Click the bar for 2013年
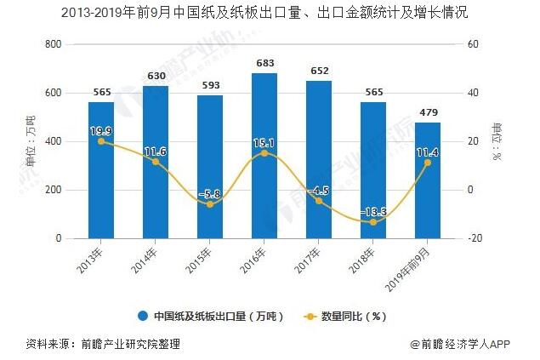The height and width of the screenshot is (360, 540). click(101, 170)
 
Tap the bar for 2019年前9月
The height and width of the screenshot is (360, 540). click(427, 180)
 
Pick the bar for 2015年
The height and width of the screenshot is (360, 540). click(210, 167)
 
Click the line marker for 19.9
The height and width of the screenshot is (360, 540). click(101, 141)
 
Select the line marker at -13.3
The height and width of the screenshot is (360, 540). click(373, 222)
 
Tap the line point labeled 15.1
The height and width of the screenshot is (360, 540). click(264, 153)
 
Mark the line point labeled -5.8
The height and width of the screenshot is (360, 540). click(210, 204)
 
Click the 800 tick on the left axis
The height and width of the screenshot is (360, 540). click(53, 44)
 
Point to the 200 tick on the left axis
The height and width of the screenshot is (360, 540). click(53, 191)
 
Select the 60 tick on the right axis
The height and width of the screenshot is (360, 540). click(474, 44)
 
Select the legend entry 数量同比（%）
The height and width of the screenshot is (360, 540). click(346, 316)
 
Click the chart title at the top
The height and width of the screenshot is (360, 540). click(270, 14)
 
